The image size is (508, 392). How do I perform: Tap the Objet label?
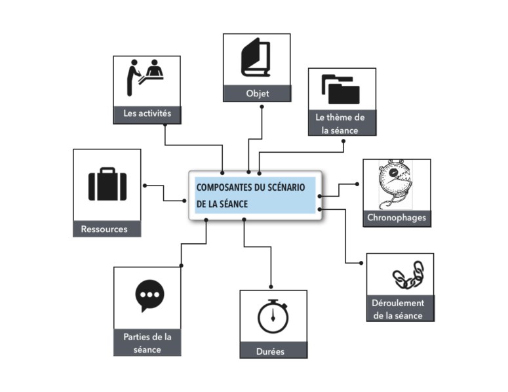click(x=257, y=94)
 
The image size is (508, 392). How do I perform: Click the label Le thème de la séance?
click(x=340, y=124)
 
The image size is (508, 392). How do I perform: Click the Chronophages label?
click(x=397, y=218)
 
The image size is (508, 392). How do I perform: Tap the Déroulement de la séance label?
click(x=399, y=309)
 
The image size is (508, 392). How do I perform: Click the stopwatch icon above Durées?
click(x=273, y=316)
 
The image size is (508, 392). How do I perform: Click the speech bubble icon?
click(x=150, y=296)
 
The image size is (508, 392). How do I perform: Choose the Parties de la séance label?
click(x=147, y=343)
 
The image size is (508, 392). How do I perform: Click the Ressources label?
click(x=104, y=229)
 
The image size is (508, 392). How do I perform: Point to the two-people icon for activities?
click(x=145, y=77)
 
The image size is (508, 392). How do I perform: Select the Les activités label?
click(x=147, y=113)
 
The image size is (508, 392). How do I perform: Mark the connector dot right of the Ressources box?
click(x=144, y=186)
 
